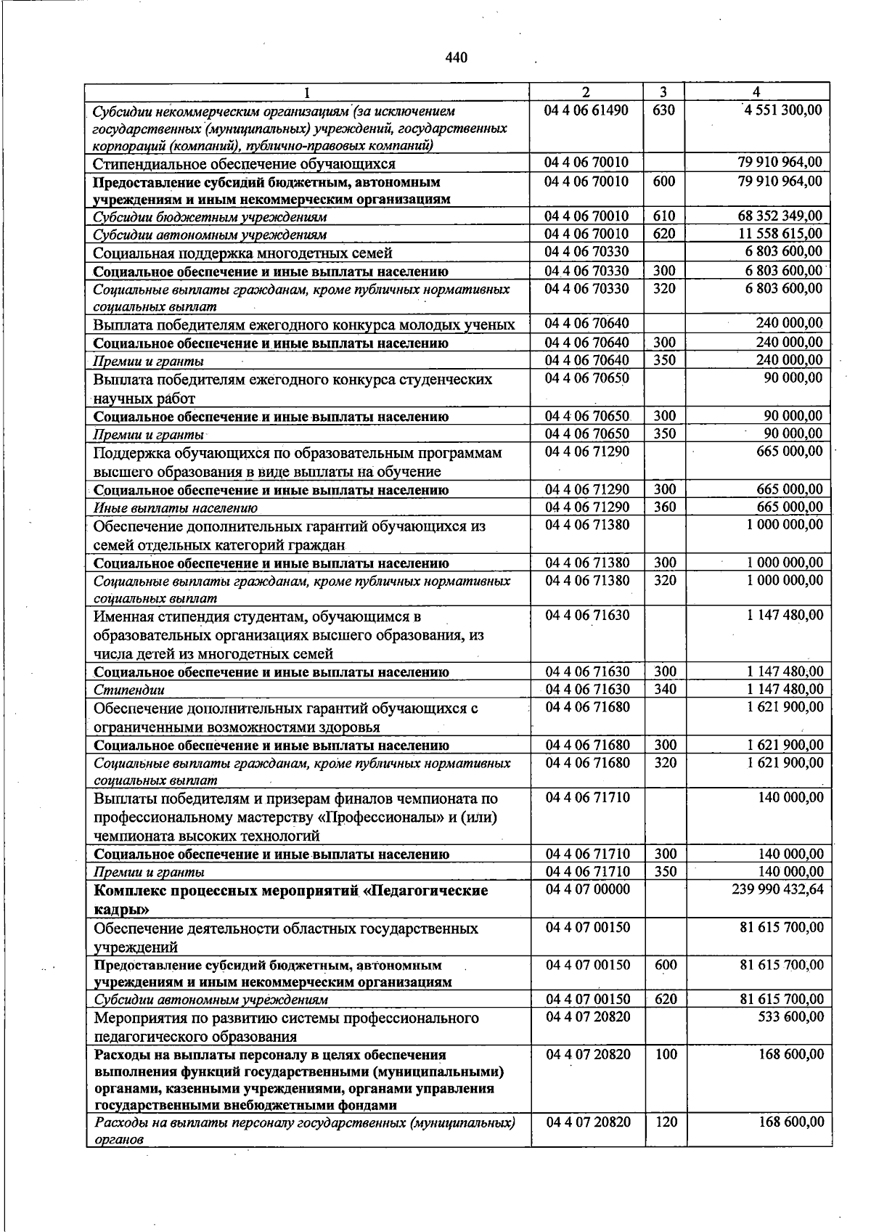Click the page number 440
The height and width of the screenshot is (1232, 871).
tap(456, 57)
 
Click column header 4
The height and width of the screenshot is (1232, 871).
tap(757, 92)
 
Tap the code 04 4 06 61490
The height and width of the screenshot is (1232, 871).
tap(587, 110)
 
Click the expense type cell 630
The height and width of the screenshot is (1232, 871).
tap(664, 110)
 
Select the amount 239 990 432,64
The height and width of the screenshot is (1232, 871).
tap(778, 889)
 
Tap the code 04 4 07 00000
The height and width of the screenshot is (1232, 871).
tap(587, 889)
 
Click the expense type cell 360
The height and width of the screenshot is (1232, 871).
tap(664, 507)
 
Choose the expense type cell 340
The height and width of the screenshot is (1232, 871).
tap(664, 689)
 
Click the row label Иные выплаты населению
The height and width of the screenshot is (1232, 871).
tap(175, 508)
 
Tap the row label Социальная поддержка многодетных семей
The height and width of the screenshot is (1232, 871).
tap(242, 253)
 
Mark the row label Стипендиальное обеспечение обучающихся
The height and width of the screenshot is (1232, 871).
tap(244, 163)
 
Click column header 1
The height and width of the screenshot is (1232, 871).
tap(307, 92)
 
